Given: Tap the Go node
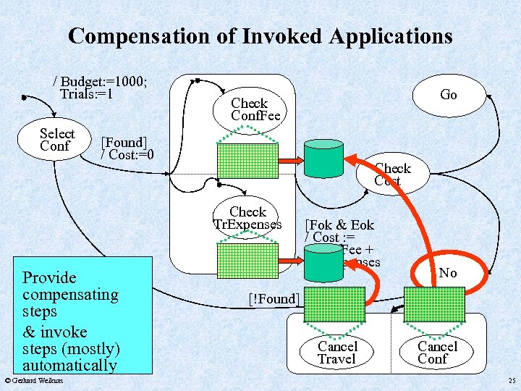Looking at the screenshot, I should click(x=448, y=95).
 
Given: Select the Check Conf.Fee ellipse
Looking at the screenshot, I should click(x=250, y=110).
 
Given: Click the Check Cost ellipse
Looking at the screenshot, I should click(x=391, y=175).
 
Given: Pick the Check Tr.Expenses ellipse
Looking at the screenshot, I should click(x=247, y=218).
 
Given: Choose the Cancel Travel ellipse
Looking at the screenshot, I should click(x=336, y=352).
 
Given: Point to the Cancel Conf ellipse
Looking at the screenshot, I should click(x=437, y=352).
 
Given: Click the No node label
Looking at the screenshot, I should click(x=448, y=273).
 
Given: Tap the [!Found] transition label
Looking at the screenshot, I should click(x=272, y=298).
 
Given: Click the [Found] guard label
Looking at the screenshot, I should click(x=124, y=142).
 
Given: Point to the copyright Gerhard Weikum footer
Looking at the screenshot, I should click(x=33, y=381).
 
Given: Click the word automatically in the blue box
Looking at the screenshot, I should click(x=69, y=365).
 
